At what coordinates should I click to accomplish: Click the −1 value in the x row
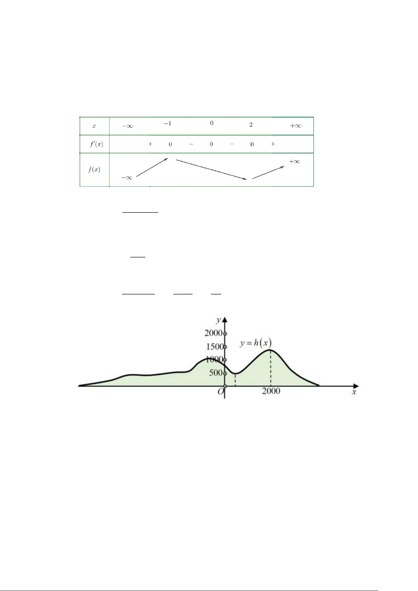pyautogui.click(x=168, y=123)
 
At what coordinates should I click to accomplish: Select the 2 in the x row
pyautogui.click(x=251, y=125)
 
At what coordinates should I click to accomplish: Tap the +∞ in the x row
pyautogui.click(x=296, y=126)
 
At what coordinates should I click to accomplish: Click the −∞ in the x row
pyautogui.click(x=127, y=126)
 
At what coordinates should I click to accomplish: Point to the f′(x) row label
pyautogui.click(x=96, y=144)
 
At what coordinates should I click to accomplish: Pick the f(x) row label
pyautogui.click(x=94, y=169)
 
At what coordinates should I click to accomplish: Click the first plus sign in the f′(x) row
pyautogui.click(x=150, y=144)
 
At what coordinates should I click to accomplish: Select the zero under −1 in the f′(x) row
pyautogui.click(x=170, y=144)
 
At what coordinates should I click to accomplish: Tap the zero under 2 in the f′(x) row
pyautogui.click(x=252, y=144)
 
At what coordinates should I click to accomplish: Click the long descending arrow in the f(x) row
pyautogui.click(x=211, y=169)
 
